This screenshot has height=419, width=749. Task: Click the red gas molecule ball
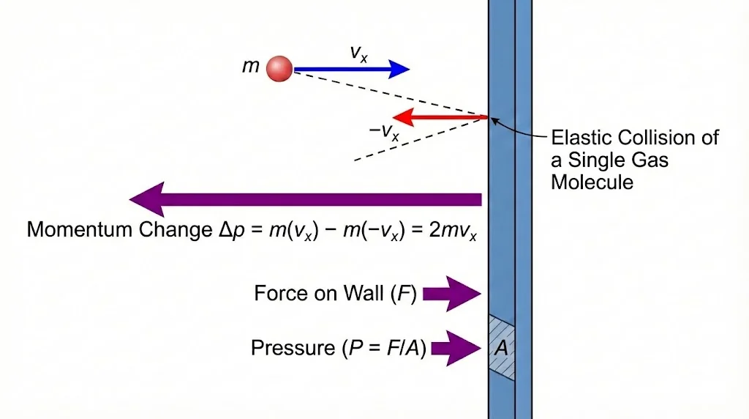tap(279, 69)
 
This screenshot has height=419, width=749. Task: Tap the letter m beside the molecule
tap(251, 67)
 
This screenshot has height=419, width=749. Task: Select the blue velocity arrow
tap(351, 70)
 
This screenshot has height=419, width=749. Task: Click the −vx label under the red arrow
tap(384, 133)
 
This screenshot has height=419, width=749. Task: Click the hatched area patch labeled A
tap(502, 347)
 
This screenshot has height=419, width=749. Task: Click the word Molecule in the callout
tap(592, 182)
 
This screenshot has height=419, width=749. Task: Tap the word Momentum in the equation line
tap(79, 229)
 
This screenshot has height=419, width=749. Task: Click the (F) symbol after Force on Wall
tap(404, 294)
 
